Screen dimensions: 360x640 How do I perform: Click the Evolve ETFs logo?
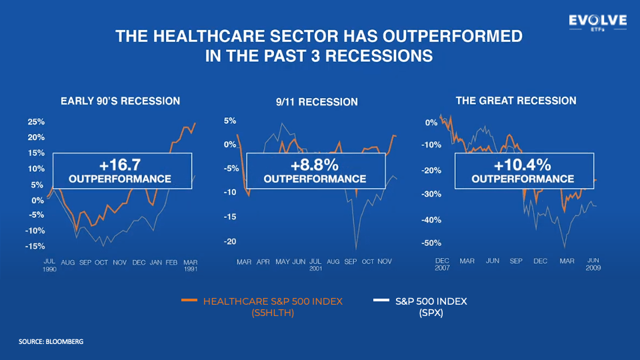point(597,23)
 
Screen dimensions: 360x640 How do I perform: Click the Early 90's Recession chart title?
point(120,101)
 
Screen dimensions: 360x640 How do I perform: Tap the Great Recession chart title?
point(515,101)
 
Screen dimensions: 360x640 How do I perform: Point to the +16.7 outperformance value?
point(120,164)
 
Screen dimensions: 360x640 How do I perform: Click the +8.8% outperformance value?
point(315,164)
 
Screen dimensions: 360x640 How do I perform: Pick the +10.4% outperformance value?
point(523,165)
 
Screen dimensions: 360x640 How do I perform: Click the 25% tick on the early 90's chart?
point(36,122)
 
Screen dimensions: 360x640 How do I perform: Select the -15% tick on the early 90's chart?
point(35,246)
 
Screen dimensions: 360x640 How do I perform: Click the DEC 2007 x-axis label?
point(442,265)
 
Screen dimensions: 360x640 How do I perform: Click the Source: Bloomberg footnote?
point(51,341)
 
